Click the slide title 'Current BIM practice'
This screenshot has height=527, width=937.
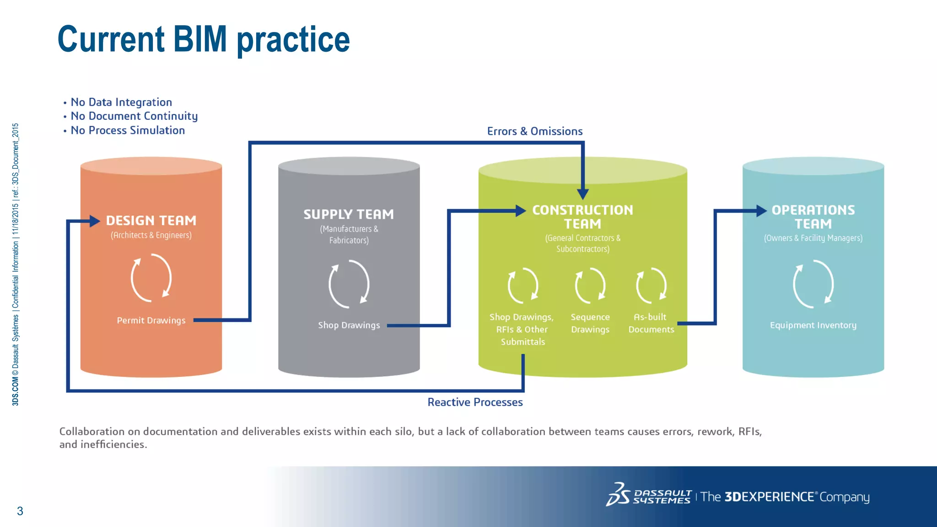(204, 40)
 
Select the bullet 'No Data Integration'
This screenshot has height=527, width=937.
(121, 102)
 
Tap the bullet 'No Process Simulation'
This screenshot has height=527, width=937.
(128, 130)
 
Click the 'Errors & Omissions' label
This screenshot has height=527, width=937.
(534, 131)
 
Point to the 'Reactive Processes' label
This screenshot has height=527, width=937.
(475, 402)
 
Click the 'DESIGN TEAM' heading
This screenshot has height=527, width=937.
(151, 220)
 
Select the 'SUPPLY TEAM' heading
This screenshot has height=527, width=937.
(349, 214)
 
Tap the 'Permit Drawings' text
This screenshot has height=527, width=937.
(151, 320)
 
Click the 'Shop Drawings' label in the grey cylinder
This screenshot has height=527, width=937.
(349, 325)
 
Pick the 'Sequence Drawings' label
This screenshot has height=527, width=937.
(590, 323)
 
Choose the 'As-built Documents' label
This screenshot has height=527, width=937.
(651, 323)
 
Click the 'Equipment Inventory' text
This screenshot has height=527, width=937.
(813, 325)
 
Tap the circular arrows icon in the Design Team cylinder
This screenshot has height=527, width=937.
(151, 278)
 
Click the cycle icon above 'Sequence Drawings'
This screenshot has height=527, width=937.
(590, 286)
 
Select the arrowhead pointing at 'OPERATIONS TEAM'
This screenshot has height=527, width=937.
(761, 211)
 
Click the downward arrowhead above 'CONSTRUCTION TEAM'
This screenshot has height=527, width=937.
(583, 194)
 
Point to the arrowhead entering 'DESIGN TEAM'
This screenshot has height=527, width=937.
(95, 221)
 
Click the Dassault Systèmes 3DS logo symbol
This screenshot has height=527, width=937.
(618, 495)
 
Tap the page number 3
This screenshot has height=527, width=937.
(20, 511)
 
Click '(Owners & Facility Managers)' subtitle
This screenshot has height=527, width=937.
(813, 238)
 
